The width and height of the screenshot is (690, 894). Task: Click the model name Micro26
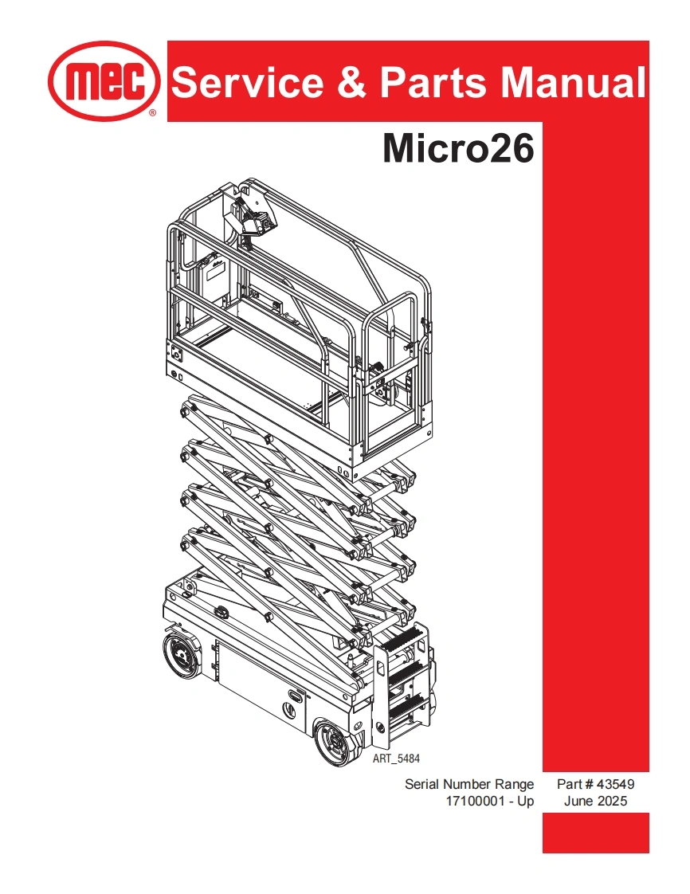[x=458, y=148]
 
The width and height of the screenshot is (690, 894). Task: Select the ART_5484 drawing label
[x=396, y=759]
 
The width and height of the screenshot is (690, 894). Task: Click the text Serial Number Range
[x=469, y=784]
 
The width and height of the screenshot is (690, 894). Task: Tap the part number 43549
[x=614, y=784]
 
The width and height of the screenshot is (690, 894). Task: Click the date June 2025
[x=595, y=802]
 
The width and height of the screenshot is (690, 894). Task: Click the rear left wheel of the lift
[x=182, y=658]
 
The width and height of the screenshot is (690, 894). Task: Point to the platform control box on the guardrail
[x=254, y=214]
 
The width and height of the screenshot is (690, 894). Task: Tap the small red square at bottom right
[x=595, y=833]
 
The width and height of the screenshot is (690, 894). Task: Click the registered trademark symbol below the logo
[x=152, y=114]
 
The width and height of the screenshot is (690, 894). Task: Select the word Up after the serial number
[x=525, y=802]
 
